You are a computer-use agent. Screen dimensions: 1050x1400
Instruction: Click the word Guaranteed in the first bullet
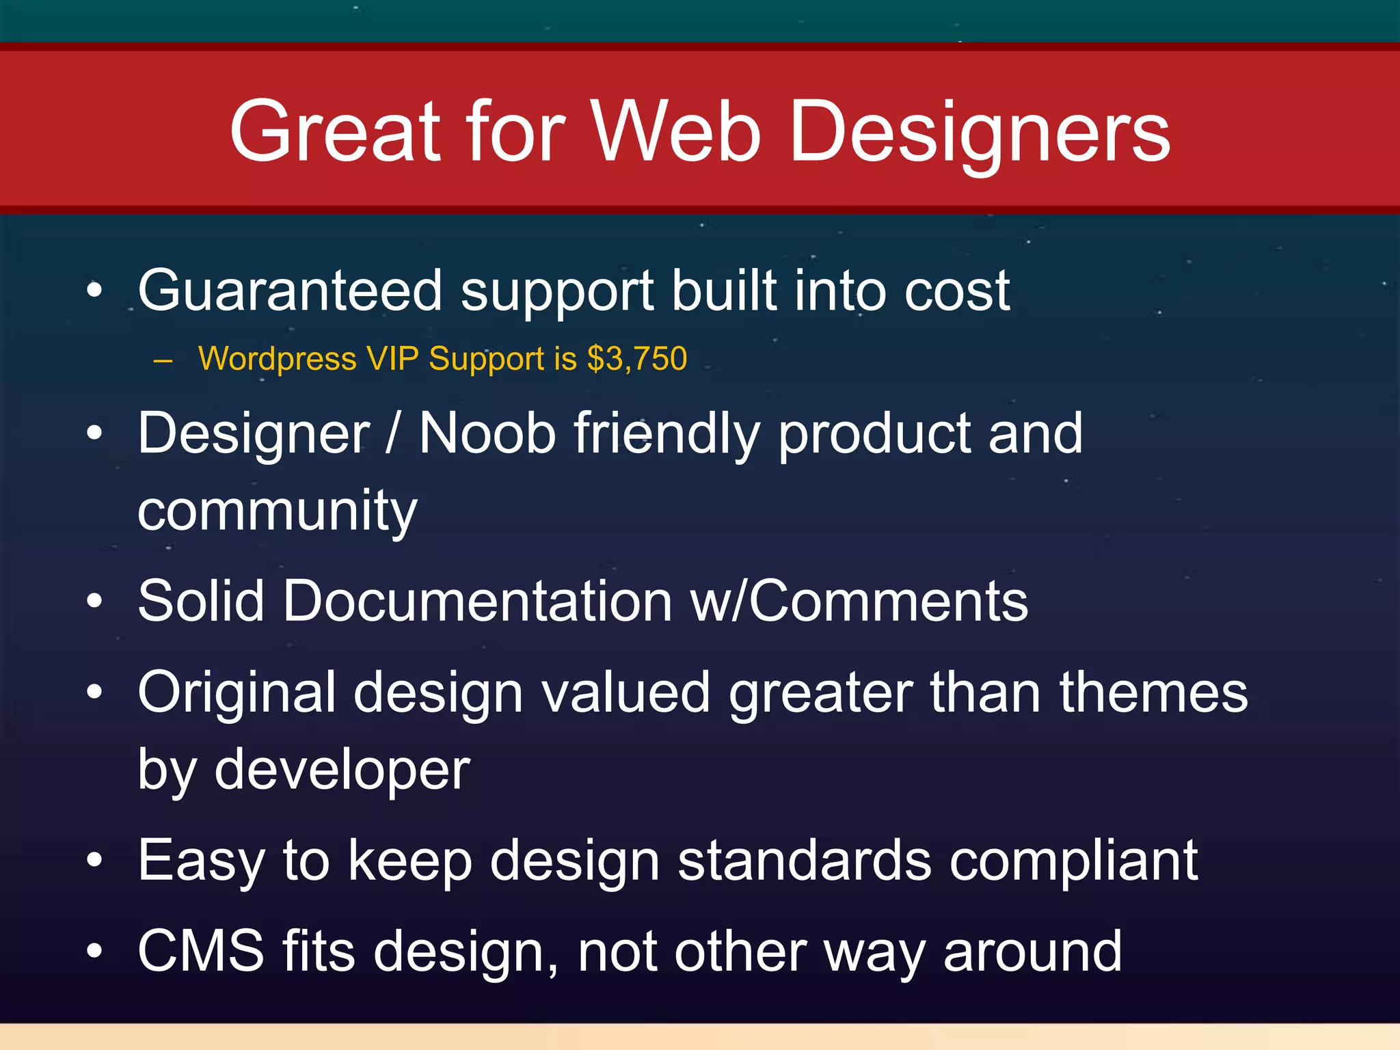[290, 291]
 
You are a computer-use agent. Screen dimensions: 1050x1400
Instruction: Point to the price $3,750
[636, 359]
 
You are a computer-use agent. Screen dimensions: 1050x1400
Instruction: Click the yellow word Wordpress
[277, 359]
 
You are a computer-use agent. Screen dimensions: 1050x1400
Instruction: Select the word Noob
[487, 433]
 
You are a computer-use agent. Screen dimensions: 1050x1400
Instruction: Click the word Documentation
[477, 601]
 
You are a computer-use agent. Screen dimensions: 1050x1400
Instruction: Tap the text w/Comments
[859, 601]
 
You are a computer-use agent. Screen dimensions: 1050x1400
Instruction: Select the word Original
[237, 692]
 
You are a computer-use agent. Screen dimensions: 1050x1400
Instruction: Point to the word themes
[1153, 692]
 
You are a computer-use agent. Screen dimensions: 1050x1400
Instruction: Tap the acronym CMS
[200, 951]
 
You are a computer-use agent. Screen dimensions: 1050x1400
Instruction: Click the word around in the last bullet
[1032, 951]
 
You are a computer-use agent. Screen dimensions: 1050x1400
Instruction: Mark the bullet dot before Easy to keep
[95, 859]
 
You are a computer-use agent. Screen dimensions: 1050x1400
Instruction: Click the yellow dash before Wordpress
[163, 360]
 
